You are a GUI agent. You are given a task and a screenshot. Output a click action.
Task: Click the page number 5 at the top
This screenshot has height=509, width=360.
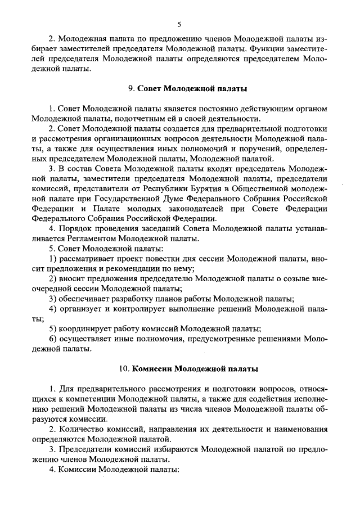coord(179,24)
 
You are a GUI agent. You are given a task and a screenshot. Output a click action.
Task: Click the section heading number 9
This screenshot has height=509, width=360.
coord(130,89)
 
